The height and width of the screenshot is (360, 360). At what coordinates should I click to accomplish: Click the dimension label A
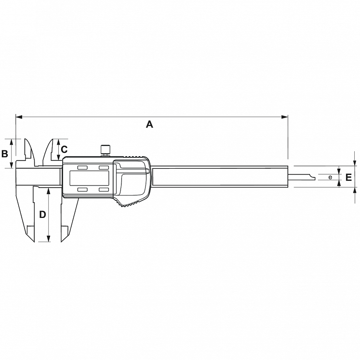point(149,124)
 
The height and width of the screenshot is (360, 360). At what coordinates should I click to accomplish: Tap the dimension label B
point(5,154)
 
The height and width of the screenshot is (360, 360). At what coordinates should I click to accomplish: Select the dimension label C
point(64,149)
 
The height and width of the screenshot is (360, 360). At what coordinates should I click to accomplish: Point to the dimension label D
point(43,214)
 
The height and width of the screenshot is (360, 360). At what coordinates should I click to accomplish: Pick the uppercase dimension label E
point(348,177)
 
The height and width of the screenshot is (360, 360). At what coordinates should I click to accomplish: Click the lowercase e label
point(330,177)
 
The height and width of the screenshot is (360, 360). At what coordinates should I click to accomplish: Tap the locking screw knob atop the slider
point(106,150)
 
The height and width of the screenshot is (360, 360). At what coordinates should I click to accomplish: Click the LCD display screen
point(89,178)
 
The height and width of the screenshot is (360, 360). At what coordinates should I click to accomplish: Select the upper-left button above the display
point(82,168)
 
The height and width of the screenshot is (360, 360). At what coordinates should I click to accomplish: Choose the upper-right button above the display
point(104,168)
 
